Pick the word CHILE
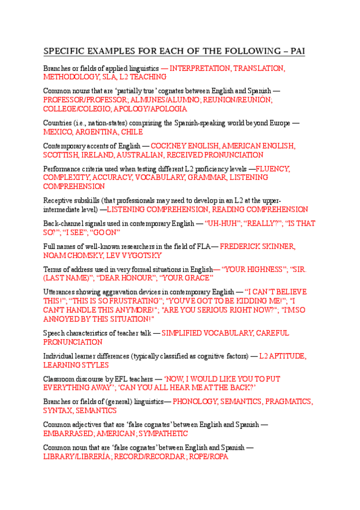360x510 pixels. (132, 132)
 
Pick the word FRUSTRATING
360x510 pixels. (131, 300)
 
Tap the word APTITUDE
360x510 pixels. (288, 356)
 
